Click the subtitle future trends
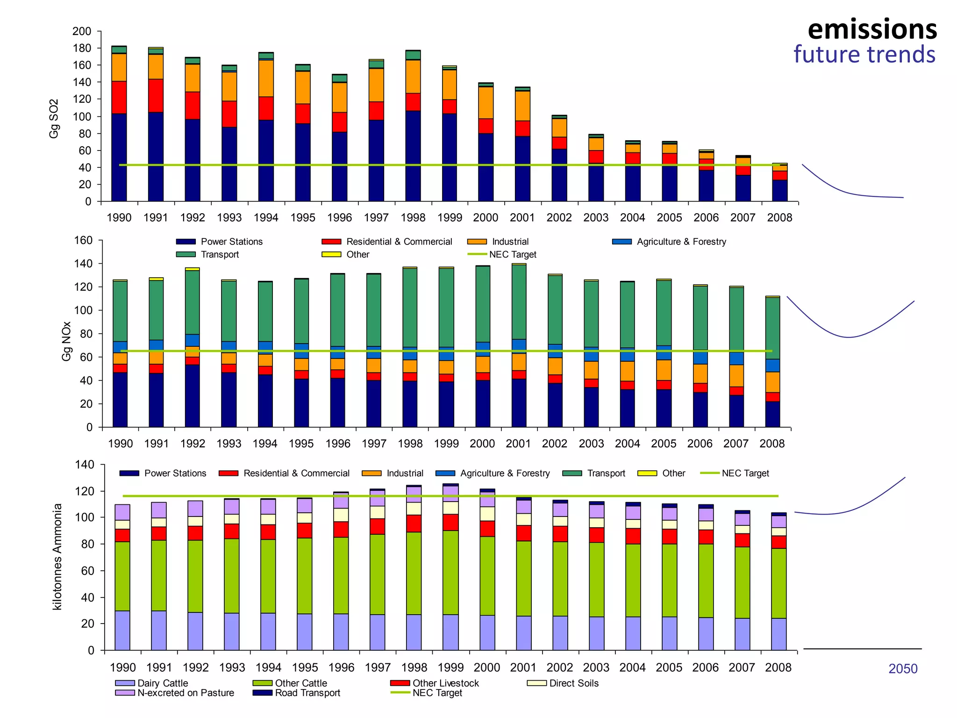tap(864, 55)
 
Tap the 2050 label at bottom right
tap(902, 669)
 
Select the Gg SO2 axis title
tap(54, 119)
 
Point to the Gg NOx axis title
tap(66, 341)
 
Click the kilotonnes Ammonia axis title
tap(57, 556)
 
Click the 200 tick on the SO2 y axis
tap(82, 31)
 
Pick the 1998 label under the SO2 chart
tap(413, 218)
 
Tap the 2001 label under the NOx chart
tap(518, 444)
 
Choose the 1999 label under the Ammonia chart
tap(450, 668)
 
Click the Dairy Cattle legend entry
tap(162, 683)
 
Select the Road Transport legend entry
tap(307, 693)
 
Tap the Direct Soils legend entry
tap(573, 683)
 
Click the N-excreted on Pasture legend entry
tap(185, 693)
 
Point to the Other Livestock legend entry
tap(445, 683)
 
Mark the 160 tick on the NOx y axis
tap(83, 241)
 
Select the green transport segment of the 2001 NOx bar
tap(519, 302)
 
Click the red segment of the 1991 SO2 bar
tap(156, 95)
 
